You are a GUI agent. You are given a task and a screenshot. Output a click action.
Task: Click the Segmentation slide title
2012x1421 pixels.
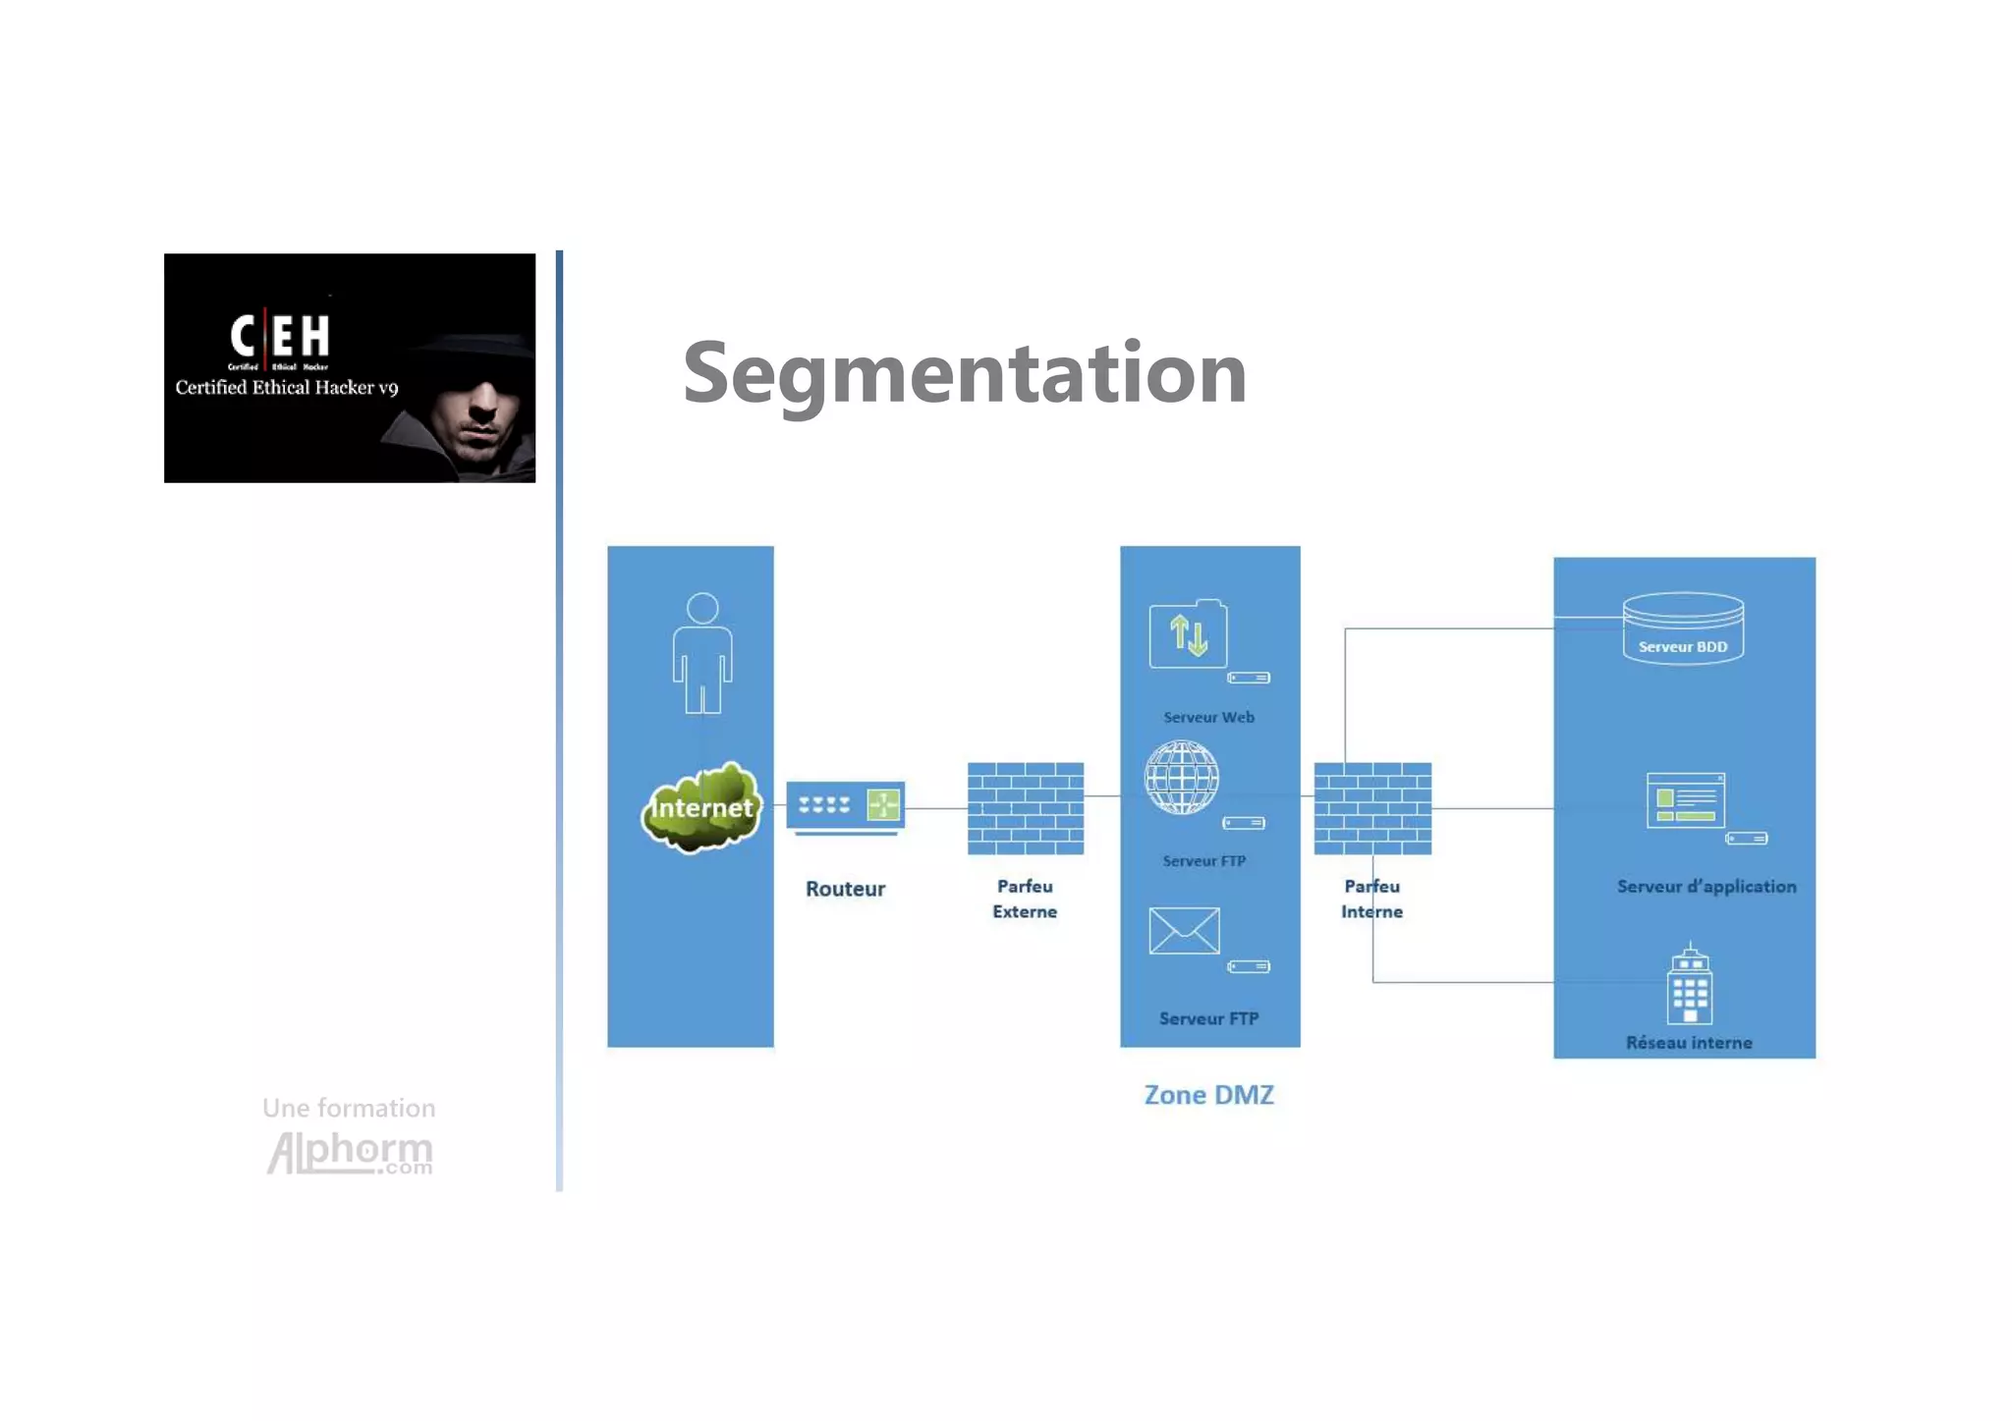(x=964, y=373)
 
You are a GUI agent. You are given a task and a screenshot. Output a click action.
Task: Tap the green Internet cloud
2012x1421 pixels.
(x=701, y=807)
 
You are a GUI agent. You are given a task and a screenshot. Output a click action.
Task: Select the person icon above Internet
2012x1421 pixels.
(x=701, y=652)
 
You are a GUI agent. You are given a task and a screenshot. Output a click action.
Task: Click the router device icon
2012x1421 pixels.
(x=845, y=807)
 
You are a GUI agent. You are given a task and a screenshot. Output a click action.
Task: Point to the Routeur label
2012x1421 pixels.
(x=845, y=889)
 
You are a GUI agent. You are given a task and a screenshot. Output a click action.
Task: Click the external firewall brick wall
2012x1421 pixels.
(x=1025, y=808)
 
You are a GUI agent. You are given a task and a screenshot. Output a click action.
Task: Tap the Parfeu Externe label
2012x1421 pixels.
(x=1025, y=899)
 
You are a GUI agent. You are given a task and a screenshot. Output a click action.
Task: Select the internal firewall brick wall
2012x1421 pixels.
(x=1371, y=808)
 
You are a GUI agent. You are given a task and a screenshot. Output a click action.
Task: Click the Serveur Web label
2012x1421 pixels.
(x=1208, y=717)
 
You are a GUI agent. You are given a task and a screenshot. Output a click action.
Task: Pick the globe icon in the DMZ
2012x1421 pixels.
(x=1182, y=778)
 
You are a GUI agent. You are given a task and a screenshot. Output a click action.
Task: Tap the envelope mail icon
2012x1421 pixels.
(x=1184, y=930)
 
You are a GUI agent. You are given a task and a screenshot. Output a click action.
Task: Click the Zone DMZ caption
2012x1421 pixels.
(x=1208, y=1094)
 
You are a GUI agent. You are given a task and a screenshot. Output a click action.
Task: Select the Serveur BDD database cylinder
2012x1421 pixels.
(x=1683, y=629)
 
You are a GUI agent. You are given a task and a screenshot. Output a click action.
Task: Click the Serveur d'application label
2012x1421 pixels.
(x=1705, y=886)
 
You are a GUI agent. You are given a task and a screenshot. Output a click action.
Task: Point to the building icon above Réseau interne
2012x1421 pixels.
(x=1689, y=986)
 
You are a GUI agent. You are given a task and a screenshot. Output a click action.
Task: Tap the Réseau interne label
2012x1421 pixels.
(x=1688, y=1042)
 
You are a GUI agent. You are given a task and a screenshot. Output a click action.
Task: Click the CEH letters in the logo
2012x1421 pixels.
(x=280, y=336)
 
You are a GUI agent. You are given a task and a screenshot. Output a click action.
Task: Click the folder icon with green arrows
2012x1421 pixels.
(x=1188, y=635)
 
